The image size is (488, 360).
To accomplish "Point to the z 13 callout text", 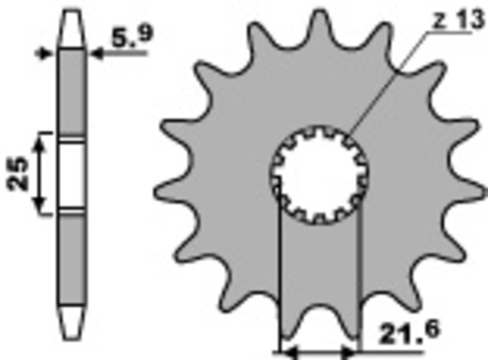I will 450,21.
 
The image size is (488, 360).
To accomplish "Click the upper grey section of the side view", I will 73,92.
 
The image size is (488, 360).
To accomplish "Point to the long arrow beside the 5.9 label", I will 119,54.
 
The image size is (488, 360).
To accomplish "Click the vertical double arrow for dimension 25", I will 40,174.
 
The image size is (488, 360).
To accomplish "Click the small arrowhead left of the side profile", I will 44,54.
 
